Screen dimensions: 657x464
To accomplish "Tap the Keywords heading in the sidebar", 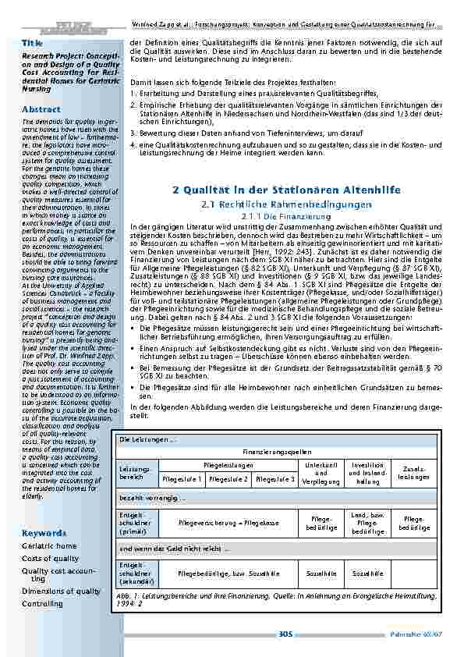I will click(x=42, y=533).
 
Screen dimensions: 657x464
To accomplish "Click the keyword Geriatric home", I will click(x=49, y=546).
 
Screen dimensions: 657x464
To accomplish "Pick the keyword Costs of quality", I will click(x=50, y=558).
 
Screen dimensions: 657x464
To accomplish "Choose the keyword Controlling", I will click(x=42, y=603).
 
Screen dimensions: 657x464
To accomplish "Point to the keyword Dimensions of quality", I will click(x=61, y=591).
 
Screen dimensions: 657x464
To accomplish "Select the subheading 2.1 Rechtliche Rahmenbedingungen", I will click(x=282, y=204).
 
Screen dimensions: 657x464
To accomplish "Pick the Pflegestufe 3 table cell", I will click(x=275, y=478).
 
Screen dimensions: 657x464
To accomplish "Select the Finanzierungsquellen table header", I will click(x=272, y=452).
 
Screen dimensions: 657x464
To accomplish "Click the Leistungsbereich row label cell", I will click(x=132, y=472).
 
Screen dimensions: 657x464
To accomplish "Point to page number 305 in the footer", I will click(x=285, y=637).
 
